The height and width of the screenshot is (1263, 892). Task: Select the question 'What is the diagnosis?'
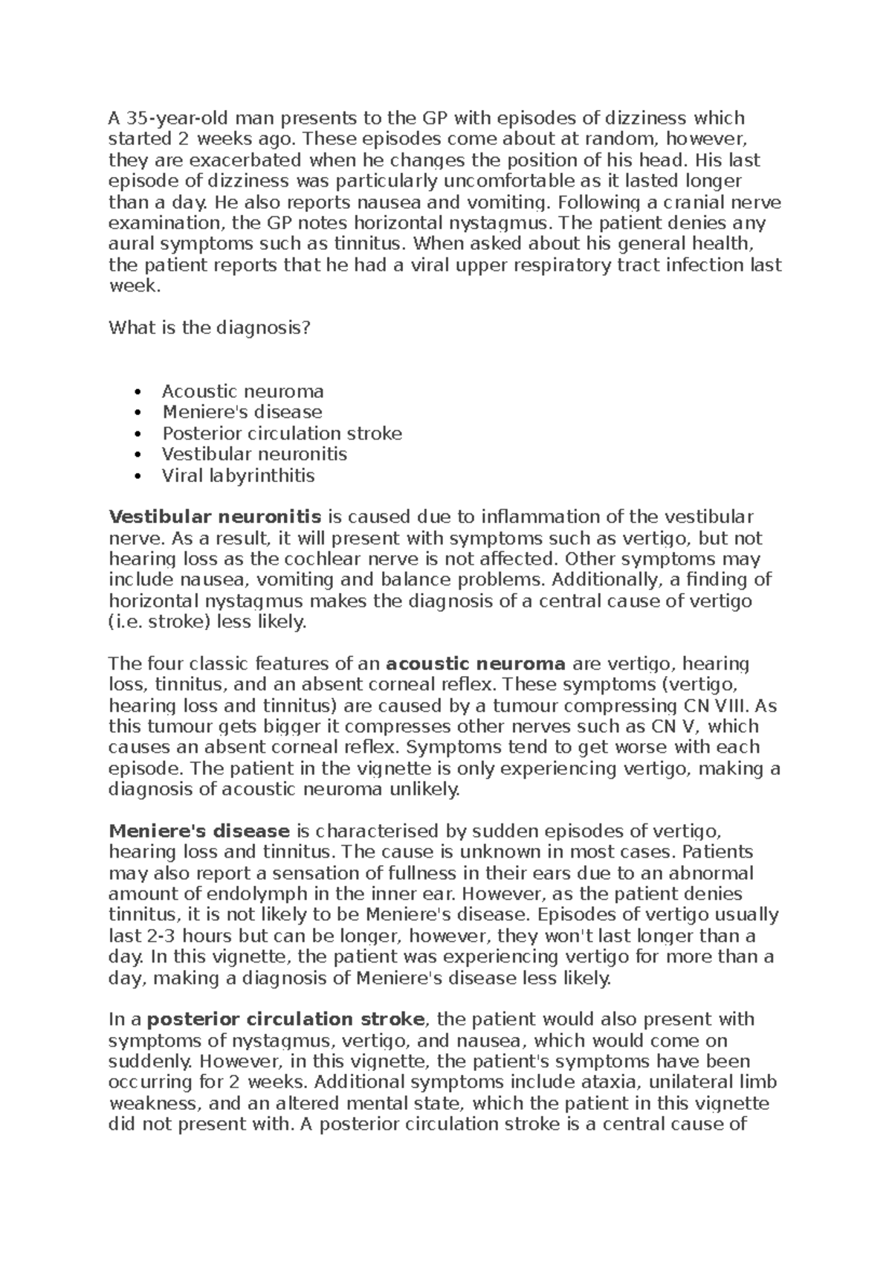207,328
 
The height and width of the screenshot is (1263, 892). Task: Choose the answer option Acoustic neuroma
242,391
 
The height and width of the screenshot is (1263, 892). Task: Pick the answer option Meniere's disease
242,412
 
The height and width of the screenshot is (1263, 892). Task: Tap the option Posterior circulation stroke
282,433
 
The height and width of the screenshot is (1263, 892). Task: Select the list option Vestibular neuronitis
254,454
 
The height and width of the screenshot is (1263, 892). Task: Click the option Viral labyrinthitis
238,475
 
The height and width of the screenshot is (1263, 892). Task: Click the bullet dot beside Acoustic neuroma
135,392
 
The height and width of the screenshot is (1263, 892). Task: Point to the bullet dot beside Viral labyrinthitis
135,476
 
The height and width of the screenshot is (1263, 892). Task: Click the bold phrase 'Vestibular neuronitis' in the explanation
215,517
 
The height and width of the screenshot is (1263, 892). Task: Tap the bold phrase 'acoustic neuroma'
476,663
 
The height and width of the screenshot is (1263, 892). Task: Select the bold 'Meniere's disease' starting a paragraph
198,831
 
